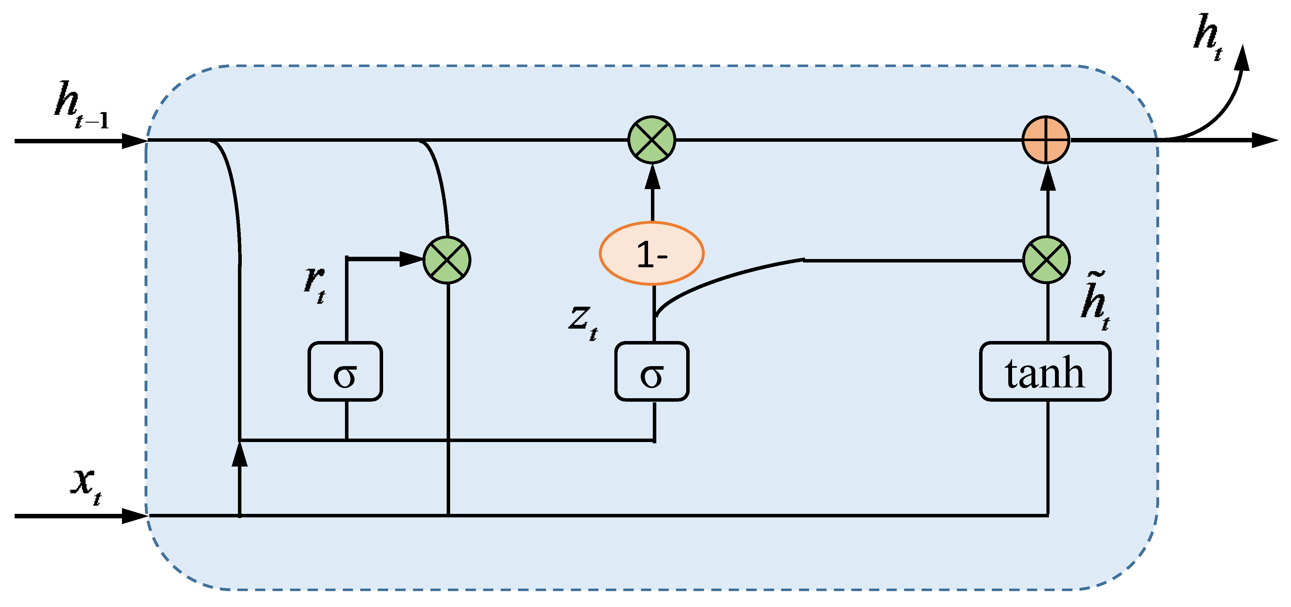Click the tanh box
pyautogui.click(x=1045, y=372)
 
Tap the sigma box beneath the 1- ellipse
pyautogui.click(x=652, y=372)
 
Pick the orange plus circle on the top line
pyautogui.click(x=1046, y=140)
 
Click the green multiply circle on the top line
pyautogui.click(x=652, y=140)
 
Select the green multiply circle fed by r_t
pyautogui.click(x=447, y=260)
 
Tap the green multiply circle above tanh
pyautogui.click(x=1046, y=260)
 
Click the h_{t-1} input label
pyautogui.click(x=80, y=105)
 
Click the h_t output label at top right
pyautogui.click(x=1208, y=38)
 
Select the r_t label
pyautogui.click(x=315, y=283)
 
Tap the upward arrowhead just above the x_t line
pyautogui.click(x=240, y=454)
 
